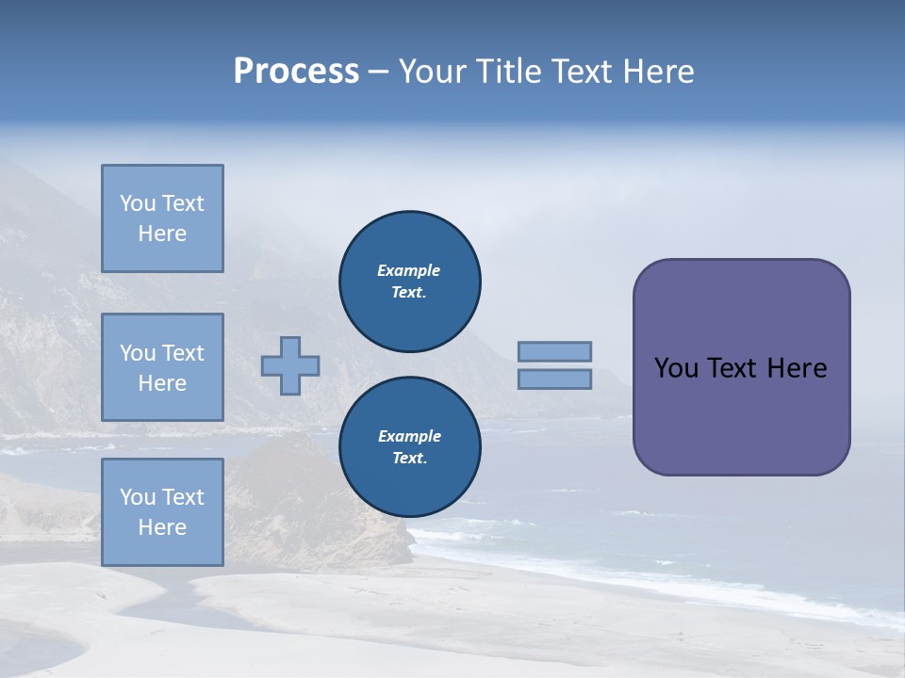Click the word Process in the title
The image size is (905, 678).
(296, 72)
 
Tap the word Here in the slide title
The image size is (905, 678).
(659, 72)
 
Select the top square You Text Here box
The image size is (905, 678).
(162, 218)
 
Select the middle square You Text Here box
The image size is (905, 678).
(162, 367)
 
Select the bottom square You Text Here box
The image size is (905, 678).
(162, 512)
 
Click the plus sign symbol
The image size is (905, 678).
(290, 365)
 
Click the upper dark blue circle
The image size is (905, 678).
(409, 282)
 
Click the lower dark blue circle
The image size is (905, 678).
(409, 447)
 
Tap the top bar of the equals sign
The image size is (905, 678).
(554, 351)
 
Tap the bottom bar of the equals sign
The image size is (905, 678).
(554, 379)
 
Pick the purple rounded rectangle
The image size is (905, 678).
(741, 414)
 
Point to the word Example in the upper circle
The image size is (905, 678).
(408, 270)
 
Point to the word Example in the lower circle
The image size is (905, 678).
(409, 436)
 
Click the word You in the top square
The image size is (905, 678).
(137, 203)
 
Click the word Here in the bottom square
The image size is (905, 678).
(162, 527)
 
